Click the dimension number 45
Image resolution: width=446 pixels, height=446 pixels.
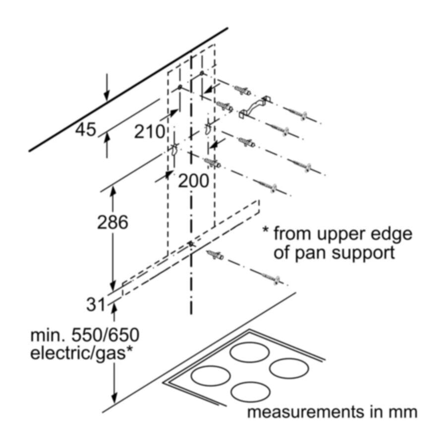pos(85,130)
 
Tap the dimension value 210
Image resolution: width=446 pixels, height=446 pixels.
pos(149,132)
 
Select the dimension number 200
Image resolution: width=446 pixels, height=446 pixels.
pos(193,181)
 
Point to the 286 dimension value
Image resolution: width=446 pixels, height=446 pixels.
pos(112,223)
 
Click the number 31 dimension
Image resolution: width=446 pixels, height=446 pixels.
pos(96,304)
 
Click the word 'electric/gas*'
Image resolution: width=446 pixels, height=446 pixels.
pos(83,354)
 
